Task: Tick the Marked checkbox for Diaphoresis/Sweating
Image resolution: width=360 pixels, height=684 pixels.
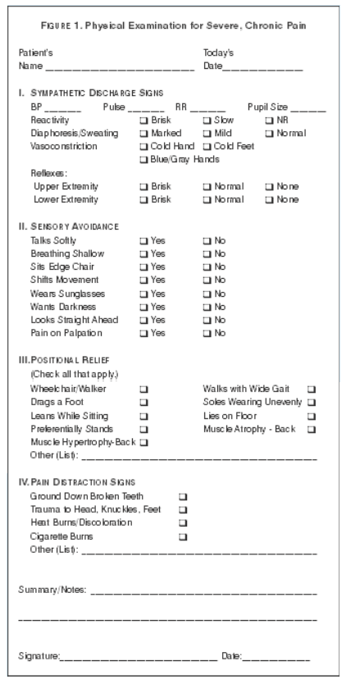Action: [x=144, y=133]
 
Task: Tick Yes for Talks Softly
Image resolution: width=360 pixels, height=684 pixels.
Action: [x=144, y=240]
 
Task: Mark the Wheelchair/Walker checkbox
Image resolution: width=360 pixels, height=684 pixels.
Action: [x=144, y=389]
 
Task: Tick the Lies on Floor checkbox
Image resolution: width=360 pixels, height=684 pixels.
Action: [x=311, y=416]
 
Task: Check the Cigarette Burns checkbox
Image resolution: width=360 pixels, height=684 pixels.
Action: [x=183, y=536]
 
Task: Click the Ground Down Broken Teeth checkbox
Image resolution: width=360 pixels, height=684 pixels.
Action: [x=183, y=497]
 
